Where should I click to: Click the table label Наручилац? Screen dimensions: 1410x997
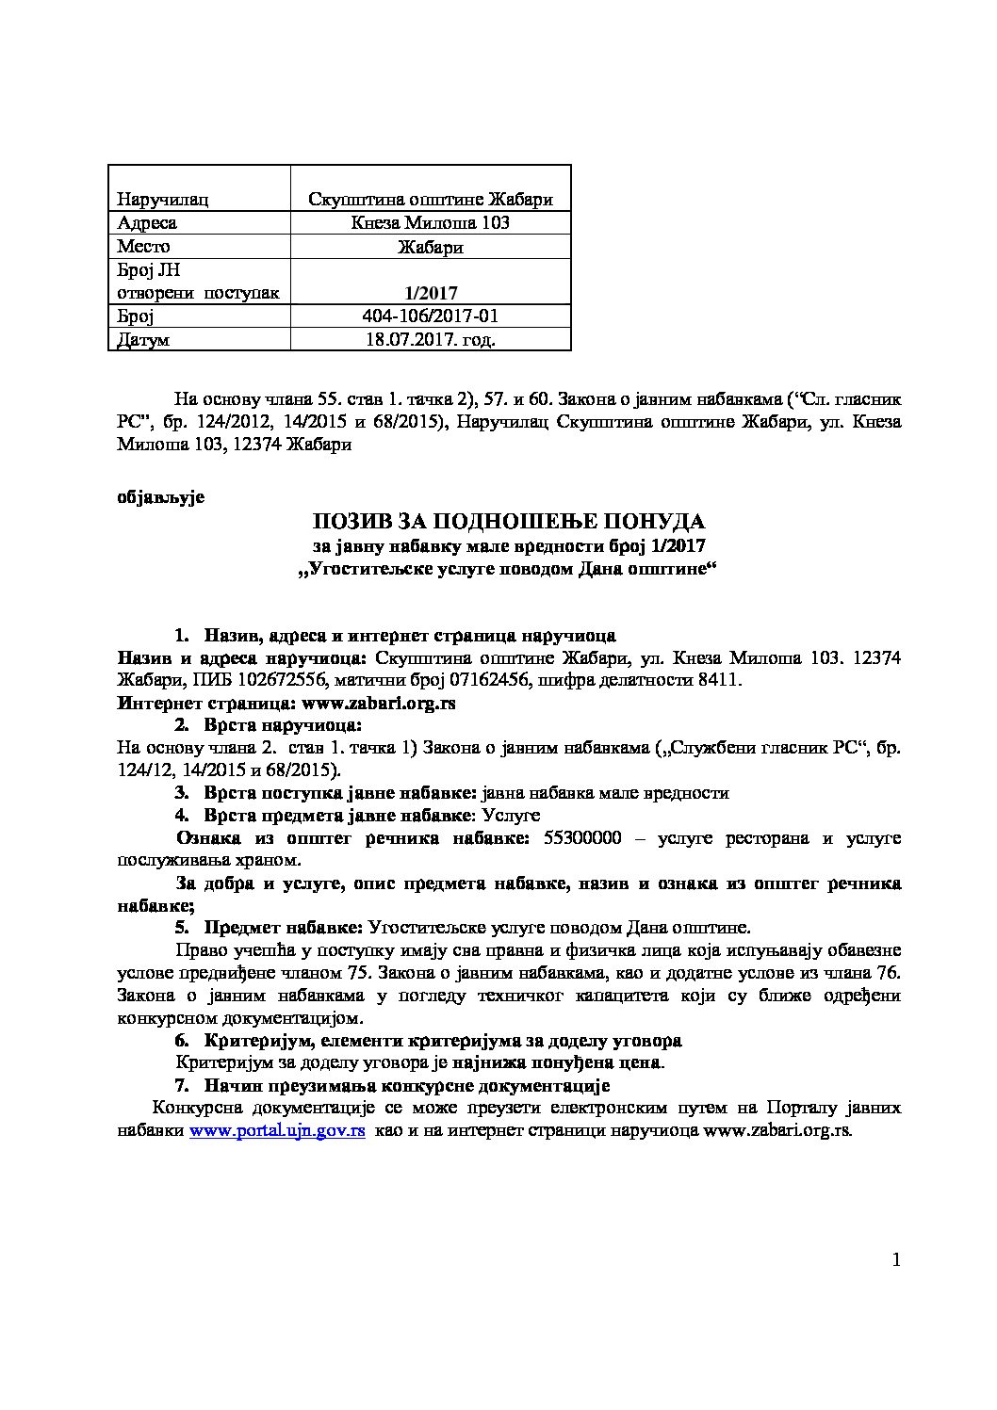(162, 199)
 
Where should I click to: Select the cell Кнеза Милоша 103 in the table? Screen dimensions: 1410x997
(431, 222)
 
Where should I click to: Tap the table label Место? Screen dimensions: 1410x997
(143, 246)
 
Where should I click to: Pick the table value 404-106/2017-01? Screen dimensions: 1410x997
(430, 316)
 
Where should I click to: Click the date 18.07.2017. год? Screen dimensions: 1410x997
(430, 339)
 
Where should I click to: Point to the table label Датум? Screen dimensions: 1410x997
(143, 339)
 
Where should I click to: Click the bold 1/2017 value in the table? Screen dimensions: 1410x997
(431, 292)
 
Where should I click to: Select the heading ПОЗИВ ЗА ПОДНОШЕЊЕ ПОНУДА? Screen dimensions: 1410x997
(508, 522)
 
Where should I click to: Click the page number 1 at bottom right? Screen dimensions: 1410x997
(895, 1260)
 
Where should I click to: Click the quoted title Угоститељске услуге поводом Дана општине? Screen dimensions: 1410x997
(508, 569)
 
